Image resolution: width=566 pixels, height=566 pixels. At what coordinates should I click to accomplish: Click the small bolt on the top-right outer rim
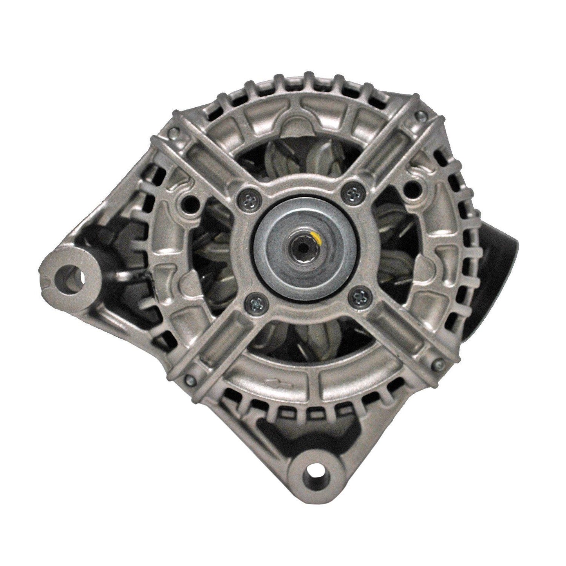pos(420,115)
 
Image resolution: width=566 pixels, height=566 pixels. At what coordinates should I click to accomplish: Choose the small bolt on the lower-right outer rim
pos(437,365)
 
